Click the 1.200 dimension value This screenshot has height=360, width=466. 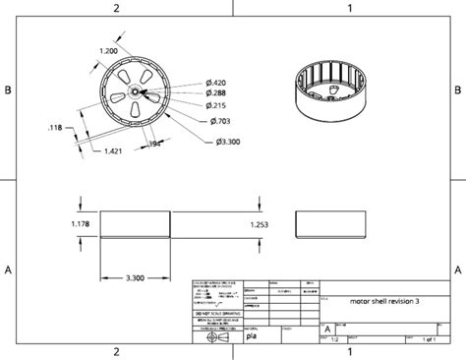[109, 50]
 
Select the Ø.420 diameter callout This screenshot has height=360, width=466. [215, 82]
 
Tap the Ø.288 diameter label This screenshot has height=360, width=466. [215, 92]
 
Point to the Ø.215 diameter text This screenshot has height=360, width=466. [215, 104]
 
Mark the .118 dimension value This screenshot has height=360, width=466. [55, 126]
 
